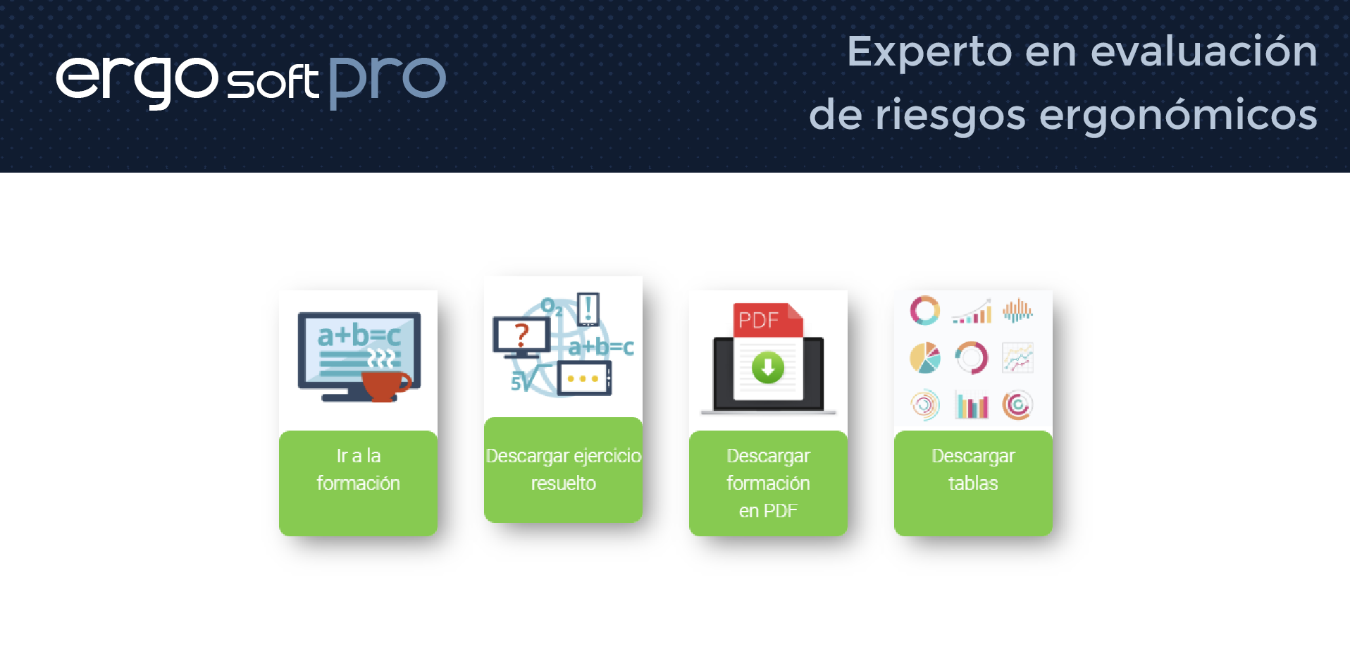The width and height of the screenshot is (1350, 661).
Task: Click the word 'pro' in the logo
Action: [x=388, y=82]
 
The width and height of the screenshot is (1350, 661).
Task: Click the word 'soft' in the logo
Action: [x=273, y=81]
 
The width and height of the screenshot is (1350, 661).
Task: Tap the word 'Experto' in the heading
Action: [x=929, y=51]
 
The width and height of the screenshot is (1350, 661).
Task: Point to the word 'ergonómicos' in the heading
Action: [x=1178, y=115]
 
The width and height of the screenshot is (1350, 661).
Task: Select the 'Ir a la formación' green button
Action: [x=358, y=483]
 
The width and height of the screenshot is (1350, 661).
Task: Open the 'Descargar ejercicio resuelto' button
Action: [x=563, y=470]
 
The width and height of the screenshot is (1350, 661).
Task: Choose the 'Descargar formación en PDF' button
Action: [x=768, y=483]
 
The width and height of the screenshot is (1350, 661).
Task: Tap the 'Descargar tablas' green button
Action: [x=973, y=483]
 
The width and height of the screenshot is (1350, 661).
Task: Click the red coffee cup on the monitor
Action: [x=385, y=385]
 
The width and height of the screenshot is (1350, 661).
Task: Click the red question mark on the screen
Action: [x=521, y=334]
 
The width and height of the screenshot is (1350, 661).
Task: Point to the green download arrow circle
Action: [x=768, y=368]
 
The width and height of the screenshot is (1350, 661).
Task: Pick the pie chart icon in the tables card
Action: [x=924, y=358]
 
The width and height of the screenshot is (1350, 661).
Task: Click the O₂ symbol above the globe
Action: [x=551, y=307]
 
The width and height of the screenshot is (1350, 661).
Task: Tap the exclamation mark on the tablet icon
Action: [x=588, y=308]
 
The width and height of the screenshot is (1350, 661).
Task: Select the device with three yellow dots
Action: [x=584, y=378]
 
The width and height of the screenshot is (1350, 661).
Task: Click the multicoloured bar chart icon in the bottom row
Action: [x=972, y=405]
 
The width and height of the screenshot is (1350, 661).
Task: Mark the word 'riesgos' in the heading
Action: [x=950, y=115]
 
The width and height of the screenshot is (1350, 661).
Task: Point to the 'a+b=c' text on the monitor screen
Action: [x=359, y=335]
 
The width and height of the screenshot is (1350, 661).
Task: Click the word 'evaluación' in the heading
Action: [x=1204, y=51]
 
